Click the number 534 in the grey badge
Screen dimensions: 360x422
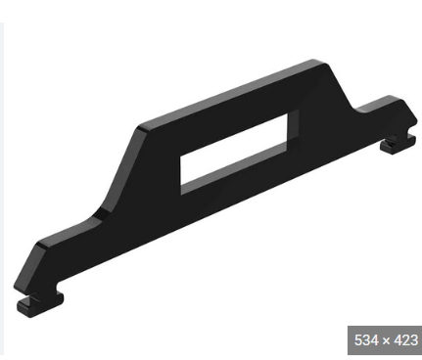[363, 339]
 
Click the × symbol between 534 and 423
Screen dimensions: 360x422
[382, 339]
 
